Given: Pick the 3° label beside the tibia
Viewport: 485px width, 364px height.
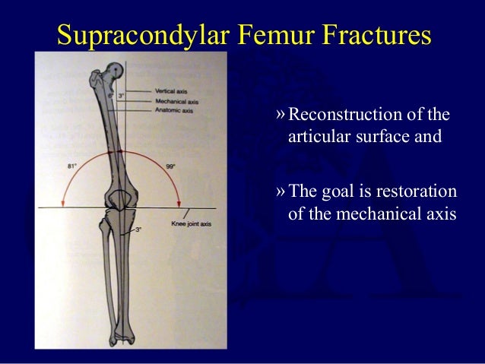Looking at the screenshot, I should tap(138, 229).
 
